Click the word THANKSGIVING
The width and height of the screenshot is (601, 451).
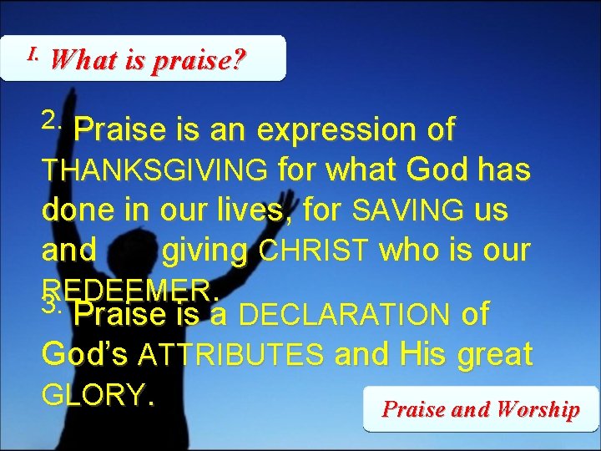pyautogui.click(x=155, y=170)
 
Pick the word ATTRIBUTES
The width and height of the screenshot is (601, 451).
pyautogui.click(x=231, y=356)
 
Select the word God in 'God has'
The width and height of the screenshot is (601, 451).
pyautogui.click(x=435, y=170)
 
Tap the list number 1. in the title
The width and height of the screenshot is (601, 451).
pyautogui.click(x=33, y=54)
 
